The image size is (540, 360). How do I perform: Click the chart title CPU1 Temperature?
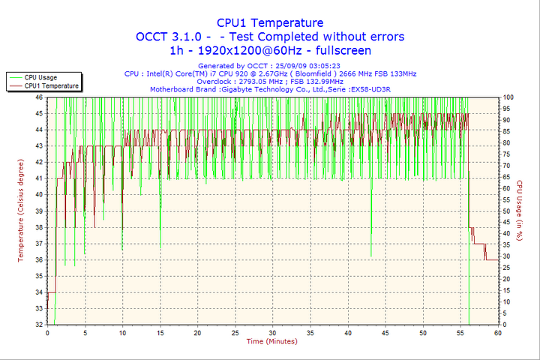[270, 22]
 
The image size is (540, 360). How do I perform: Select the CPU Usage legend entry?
[40, 77]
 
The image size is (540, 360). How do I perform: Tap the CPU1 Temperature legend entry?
[51, 86]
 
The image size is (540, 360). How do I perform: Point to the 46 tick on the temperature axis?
[38, 97]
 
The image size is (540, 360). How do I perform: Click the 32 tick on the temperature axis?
[38, 325]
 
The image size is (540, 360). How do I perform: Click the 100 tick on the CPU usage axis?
[508, 97]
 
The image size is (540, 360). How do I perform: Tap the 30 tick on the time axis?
[272, 333]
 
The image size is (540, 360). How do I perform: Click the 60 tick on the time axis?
[497, 333]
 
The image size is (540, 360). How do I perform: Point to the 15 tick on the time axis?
[160, 333]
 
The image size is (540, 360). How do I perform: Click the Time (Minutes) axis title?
[271, 341]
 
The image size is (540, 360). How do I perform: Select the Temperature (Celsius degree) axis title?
[21, 211]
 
